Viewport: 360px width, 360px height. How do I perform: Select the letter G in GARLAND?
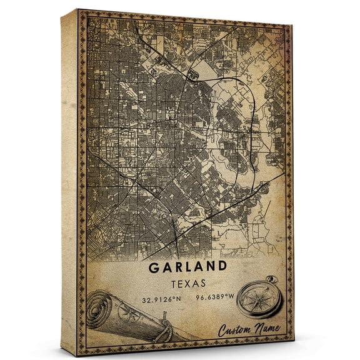tap(154, 267)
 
